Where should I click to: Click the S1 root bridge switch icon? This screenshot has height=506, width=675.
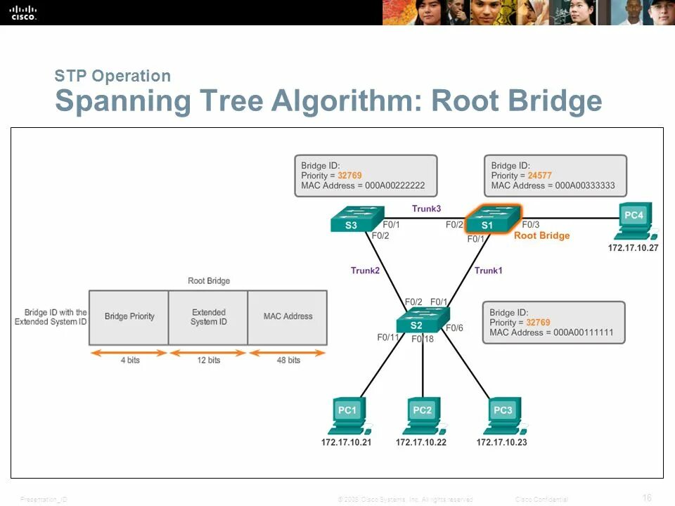[x=494, y=219]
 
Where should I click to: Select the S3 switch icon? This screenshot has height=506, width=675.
[x=357, y=219]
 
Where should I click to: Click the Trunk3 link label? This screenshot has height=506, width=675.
[x=426, y=208]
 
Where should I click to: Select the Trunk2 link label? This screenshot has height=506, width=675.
[x=365, y=271]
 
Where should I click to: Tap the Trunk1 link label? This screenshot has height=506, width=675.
[x=488, y=271]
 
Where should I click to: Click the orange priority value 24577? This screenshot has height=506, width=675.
[x=540, y=176]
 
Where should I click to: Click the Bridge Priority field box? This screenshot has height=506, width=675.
[x=129, y=317]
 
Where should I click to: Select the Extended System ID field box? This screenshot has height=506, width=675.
[x=208, y=317]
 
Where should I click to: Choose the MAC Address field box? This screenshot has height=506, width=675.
[x=288, y=317]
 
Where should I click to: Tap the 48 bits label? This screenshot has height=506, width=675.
[x=288, y=361]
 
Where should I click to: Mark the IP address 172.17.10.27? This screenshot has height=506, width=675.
[x=633, y=248]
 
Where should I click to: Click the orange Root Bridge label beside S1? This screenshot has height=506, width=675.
[x=541, y=235]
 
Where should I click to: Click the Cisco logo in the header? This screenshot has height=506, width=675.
[x=22, y=11]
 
